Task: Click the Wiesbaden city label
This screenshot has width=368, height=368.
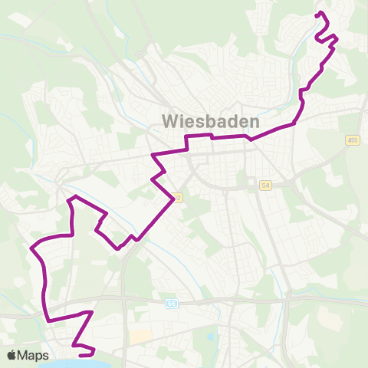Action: [211, 121]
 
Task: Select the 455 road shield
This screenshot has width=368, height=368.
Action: [353, 140]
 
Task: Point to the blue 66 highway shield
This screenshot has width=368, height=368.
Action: [171, 304]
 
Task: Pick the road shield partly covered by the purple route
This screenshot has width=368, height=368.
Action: [178, 197]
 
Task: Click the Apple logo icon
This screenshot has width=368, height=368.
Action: [12, 355]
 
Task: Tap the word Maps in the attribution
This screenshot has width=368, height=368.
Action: [34, 355]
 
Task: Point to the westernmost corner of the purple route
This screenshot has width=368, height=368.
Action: [32, 248]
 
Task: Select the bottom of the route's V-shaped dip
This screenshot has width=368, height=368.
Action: [118, 248]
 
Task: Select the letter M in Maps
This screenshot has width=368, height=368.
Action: [25, 355]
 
